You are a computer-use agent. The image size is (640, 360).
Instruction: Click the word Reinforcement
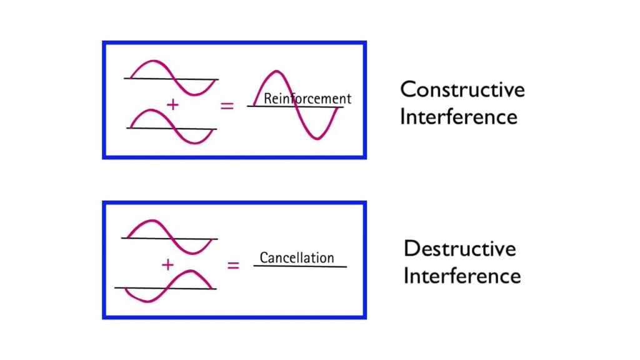coord(307,98)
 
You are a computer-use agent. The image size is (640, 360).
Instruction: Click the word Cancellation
coord(297,257)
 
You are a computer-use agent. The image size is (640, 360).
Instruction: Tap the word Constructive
coord(462,89)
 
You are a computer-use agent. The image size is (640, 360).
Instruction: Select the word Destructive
coord(459,248)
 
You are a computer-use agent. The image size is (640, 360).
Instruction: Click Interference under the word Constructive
coord(458,117)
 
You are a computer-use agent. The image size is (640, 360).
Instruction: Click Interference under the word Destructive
coord(461,276)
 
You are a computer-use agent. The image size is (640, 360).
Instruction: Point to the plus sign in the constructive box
coord(173,105)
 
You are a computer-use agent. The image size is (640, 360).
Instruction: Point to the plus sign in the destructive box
coord(167,264)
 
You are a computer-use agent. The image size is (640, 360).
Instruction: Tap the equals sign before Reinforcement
coord(227,106)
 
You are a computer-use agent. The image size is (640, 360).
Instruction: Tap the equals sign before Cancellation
coord(233,265)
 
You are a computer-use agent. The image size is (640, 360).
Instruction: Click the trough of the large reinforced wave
coord(317,137)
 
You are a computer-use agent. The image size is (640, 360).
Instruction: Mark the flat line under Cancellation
coord(300,267)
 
